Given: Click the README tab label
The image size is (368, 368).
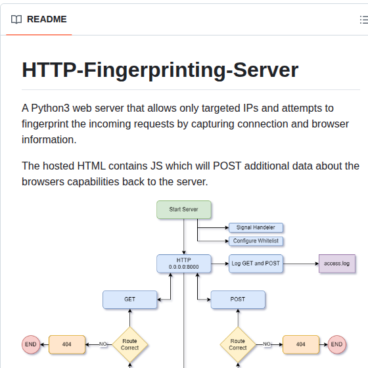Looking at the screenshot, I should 46,19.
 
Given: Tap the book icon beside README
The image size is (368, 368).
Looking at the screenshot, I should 16,19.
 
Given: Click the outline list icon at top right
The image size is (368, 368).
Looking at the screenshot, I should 363,19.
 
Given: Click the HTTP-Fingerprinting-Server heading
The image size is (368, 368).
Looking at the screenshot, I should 160,70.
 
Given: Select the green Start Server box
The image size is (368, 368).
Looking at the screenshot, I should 184,210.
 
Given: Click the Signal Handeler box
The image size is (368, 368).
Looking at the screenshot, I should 256,227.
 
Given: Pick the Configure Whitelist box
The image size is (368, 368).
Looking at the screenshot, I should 256,241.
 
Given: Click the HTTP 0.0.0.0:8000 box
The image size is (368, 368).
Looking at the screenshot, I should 184,264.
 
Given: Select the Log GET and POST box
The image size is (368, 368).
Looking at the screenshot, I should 256,264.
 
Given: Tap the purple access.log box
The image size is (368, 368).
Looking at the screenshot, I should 337,264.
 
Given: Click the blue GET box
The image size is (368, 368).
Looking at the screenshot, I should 130,300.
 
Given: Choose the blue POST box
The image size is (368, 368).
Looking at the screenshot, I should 238,300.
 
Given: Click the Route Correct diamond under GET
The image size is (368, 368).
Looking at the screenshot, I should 130,344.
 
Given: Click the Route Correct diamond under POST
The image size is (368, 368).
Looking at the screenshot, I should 238,344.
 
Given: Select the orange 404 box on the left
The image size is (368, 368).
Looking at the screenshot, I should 67,344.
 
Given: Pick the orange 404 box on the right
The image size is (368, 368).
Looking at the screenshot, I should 301,344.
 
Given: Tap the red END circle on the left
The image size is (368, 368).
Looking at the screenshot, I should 31,344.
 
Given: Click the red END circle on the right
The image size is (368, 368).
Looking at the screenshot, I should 337,344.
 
